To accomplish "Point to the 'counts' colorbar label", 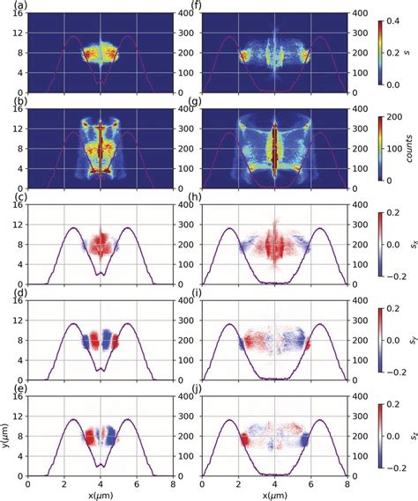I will (409, 149).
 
